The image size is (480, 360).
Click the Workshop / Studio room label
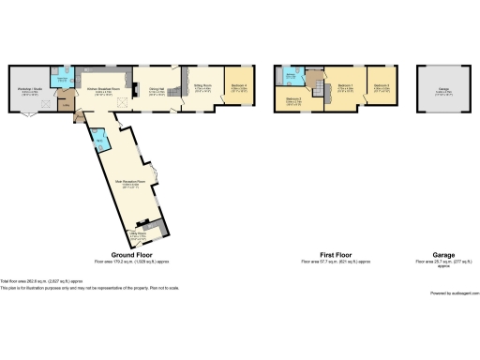pos(31,91)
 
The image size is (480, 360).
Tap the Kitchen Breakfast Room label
pos(104,89)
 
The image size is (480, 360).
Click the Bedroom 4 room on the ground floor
pos(240,89)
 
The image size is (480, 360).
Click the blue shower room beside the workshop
pos(63,80)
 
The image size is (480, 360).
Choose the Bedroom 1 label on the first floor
pos(345,90)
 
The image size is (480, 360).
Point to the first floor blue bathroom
pos(292,77)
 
